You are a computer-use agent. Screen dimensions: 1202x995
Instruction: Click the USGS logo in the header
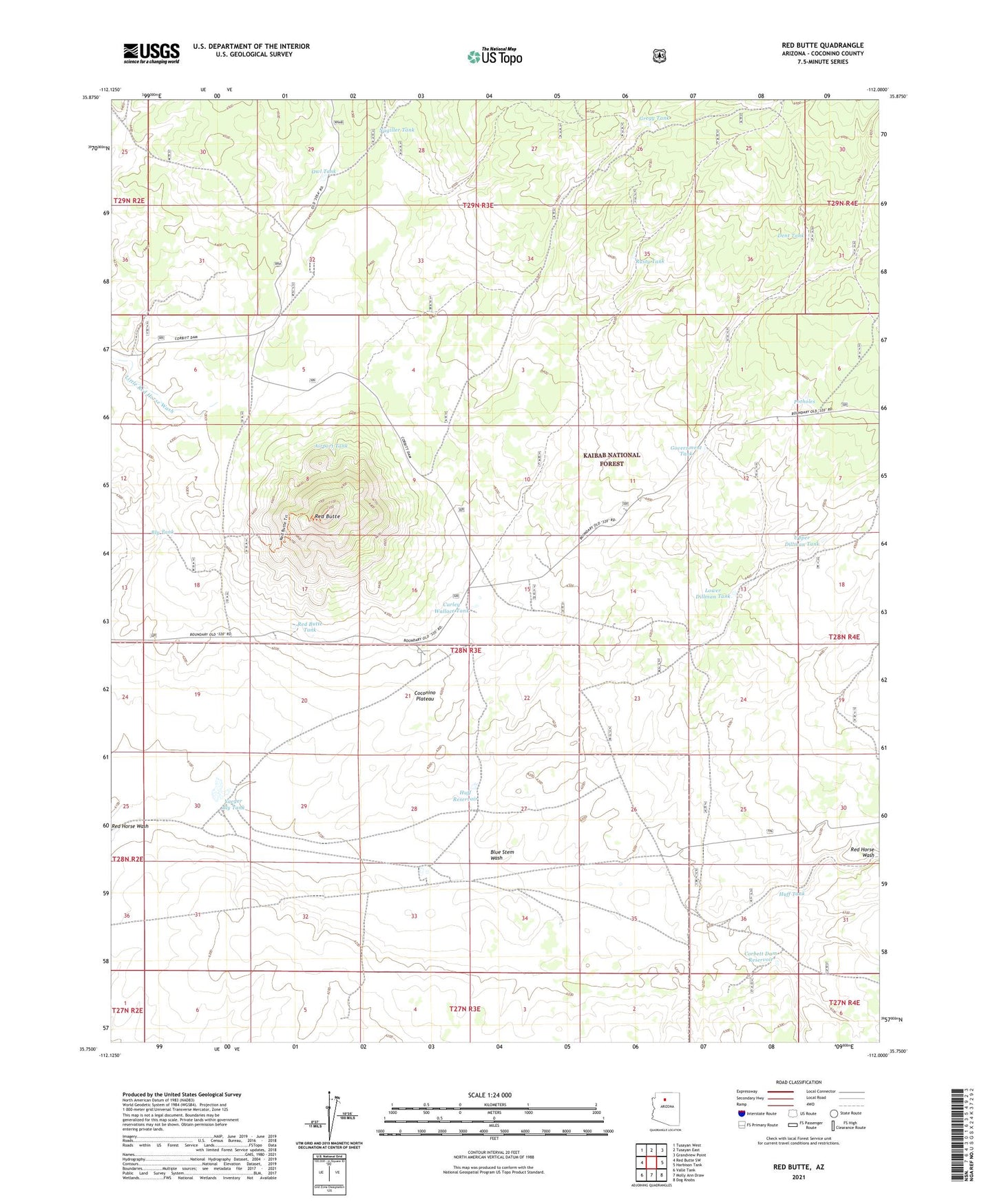(x=151, y=53)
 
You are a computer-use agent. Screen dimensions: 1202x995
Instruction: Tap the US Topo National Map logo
(x=494, y=56)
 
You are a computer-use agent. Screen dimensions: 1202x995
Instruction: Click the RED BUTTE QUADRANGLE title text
(x=822, y=45)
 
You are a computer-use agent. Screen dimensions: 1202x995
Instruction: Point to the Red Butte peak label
(x=327, y=516)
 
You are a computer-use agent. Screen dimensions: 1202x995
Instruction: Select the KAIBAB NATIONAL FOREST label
(x=611, y=459)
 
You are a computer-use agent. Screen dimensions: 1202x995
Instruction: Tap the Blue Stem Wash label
(x=502, y=855)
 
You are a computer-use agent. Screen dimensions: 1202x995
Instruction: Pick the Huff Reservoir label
(x=465, y=796)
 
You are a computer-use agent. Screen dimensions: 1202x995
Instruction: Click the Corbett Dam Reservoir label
(x=761, y=957)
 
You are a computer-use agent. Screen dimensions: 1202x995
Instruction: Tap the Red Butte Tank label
(x=310, y=626)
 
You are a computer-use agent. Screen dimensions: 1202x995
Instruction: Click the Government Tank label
(x=686, y=450)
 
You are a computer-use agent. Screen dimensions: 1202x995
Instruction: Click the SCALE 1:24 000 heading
(x=490, y=1095)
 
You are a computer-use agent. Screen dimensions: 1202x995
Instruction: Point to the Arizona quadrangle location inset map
(x=665, y=1110)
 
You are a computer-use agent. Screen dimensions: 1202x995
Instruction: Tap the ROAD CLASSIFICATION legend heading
(x=798, y=1082)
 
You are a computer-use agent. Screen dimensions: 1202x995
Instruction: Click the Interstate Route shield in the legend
(x=741, y=1113)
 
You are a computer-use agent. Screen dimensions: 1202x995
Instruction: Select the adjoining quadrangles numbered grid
(x=651, y=1163)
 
